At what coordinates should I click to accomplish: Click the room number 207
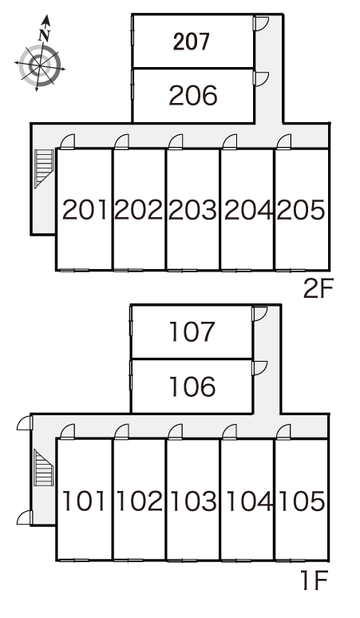(191, 42)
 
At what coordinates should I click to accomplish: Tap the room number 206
(193, 96)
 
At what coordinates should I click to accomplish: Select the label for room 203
(192, 210)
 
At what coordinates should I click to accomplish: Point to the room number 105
(302, 501)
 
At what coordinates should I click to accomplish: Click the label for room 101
(85, 501)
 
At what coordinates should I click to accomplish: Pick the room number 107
(192, 331)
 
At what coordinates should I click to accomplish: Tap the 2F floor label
(318, 289)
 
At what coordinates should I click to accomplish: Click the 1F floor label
(315, 580)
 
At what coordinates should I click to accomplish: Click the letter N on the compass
(45, 36)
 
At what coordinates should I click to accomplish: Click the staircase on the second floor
(44, 168)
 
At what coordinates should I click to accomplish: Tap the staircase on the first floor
(44, 467)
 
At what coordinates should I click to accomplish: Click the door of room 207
(260, 23)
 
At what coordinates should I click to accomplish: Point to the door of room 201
(67, 142)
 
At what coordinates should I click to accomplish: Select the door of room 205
(283, 142)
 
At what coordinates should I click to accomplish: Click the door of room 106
(259, 368)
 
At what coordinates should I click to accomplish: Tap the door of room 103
(176, 432)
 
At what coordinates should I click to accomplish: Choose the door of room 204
(230, 142)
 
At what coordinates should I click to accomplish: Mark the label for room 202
(138, 210)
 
